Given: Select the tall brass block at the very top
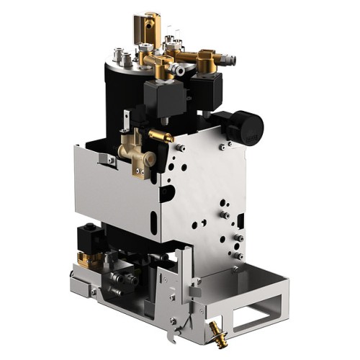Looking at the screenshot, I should [x=152, y=27].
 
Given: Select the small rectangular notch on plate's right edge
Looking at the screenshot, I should [x=240, y=216].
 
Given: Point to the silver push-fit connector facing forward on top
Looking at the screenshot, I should [x=180, y=71].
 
